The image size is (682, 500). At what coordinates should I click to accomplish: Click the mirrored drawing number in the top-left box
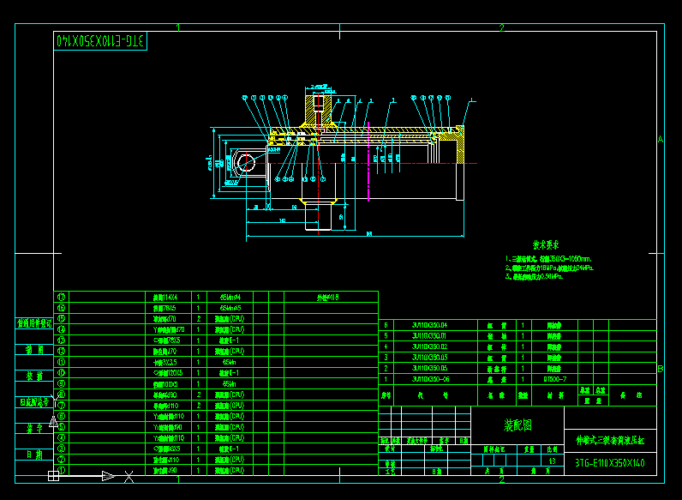click(x=101, y=40)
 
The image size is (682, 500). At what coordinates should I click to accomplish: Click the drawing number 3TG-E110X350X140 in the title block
click(x=609, y=463)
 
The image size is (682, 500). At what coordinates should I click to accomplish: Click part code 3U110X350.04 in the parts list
click(x=429, y=325)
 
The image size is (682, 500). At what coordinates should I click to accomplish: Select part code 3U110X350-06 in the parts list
click(x=429, y=378)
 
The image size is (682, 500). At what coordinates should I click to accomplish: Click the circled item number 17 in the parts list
click(x=61, y=296)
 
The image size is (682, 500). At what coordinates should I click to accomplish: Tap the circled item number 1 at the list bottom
click(x=61, y=470)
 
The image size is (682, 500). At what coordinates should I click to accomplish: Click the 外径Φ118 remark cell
click(x=329, y=297)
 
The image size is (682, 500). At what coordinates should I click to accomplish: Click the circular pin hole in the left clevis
click(x=247, y=163)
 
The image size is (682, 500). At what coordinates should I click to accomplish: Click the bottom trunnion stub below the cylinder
click(x=320, y=215)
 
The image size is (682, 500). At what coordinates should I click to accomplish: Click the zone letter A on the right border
click(x=660, y=139)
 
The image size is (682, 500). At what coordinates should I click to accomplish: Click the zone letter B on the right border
click(x=660, y=369)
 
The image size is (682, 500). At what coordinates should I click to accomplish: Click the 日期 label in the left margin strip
click(x=34, y=455)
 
